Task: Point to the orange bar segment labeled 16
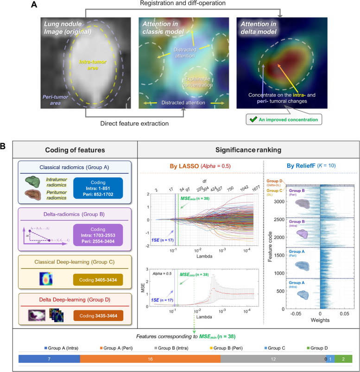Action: tap(150, 359)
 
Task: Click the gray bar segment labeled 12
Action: tap(272, 359)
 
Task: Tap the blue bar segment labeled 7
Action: tap(49, 359)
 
